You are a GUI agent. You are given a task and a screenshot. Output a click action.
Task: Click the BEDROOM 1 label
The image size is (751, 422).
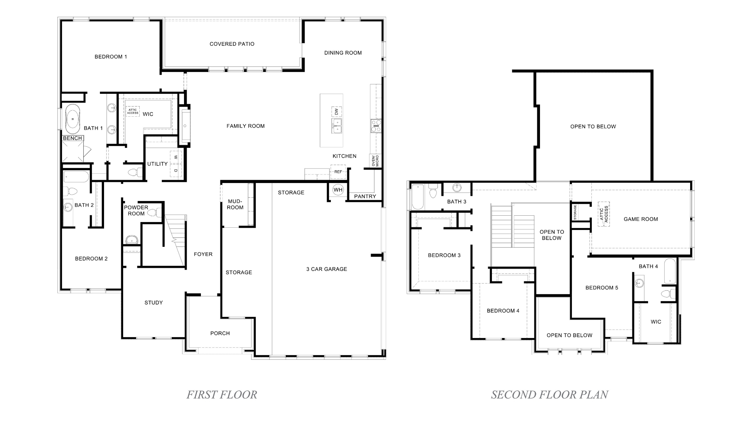[x=111, y=57]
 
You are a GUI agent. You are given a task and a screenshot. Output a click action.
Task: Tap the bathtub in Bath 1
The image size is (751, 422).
[x=72, y=119]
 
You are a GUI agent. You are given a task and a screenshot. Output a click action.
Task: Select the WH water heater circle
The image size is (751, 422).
[x=338, y=190]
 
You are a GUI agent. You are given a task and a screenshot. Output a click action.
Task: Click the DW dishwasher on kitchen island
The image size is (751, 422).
[x=336, y=112]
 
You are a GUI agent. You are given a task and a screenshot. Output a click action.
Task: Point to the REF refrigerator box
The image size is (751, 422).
[x=338, y=172]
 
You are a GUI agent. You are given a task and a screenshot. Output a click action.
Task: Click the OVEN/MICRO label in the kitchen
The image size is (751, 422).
[x=375, y=161]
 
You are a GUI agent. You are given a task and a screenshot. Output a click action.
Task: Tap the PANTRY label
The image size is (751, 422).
[x=365, y=196]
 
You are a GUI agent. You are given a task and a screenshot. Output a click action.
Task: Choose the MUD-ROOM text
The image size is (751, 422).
[x=235, y=204]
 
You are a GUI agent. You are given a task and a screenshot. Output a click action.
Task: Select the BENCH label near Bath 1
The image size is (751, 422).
[x=72, y=138]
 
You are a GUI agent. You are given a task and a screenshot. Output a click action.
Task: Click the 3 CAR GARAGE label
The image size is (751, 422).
[x=327, y=269]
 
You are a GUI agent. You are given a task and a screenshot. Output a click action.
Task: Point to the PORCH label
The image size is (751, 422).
[x=220, y=333]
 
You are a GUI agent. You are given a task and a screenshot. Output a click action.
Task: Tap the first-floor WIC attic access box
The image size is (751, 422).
[x=133, y=111]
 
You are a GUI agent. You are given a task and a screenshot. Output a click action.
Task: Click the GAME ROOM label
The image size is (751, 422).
[x=641, y=219]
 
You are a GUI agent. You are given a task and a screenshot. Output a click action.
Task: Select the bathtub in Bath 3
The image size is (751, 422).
[x=418, y=197]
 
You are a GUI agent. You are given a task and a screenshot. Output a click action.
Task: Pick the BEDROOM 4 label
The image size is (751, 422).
[x=503, y=311]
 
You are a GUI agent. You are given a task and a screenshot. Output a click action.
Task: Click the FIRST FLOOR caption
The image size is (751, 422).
[x=222, y=395]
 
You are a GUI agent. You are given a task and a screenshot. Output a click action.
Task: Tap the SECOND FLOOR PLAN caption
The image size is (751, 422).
[x=549, y=395]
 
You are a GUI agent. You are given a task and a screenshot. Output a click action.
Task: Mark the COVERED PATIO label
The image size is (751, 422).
[x=232, y=44]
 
